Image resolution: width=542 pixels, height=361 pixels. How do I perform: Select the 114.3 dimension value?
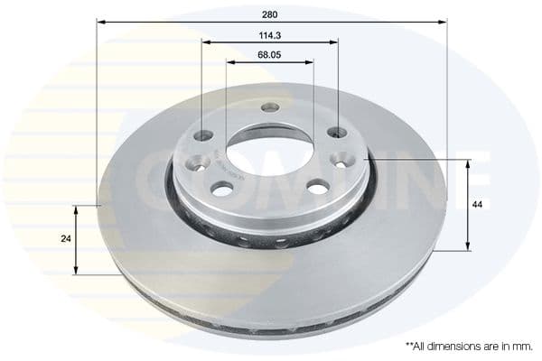click(x=270, y=35)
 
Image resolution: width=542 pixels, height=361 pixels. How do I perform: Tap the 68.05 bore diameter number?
click(x=269, y=55)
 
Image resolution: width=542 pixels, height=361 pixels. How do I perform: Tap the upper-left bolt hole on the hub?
click(x=204, y=135)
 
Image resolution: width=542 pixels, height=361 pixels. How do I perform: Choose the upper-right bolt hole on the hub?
click(x=337, y=133)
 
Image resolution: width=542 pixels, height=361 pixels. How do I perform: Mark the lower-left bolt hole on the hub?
click(x=221, y=188)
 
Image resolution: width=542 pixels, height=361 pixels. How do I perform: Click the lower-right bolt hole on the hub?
click(x=318, y=186)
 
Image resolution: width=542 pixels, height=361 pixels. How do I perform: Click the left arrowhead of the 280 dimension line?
click(x=100, y=22)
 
